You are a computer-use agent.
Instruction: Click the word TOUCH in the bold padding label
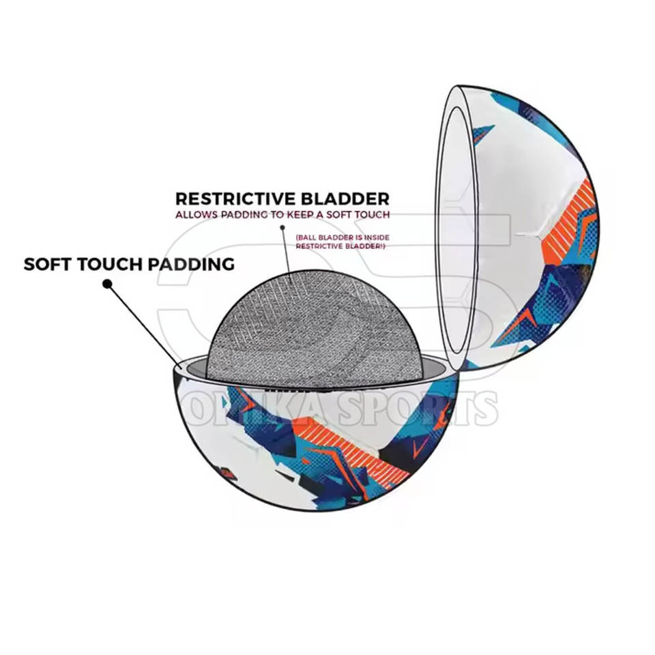106,264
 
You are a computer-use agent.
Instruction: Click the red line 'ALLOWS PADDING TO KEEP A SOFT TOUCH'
282,214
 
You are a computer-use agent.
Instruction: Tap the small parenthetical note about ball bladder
340,242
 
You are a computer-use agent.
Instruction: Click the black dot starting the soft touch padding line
106,283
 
